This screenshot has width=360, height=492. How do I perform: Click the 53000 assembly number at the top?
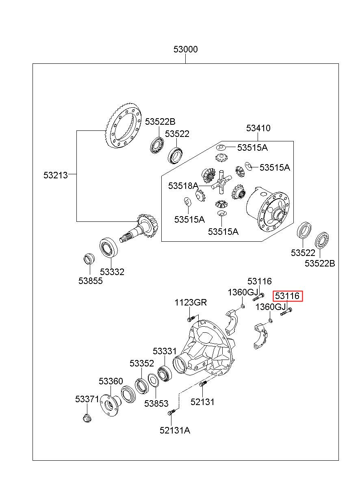click(185, 49)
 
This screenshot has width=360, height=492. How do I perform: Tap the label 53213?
click(56, 175)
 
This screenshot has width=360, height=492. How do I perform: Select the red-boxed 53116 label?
click(288, 296)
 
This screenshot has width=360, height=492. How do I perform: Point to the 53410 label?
click(258, 128)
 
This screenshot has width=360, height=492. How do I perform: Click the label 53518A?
click(183, 186)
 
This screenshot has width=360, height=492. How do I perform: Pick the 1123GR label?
click(191, 302)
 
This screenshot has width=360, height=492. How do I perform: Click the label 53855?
click(91, 281)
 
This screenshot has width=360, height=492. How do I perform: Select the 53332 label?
click(112, 272)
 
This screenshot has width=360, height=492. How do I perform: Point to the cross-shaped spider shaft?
click(221, 182)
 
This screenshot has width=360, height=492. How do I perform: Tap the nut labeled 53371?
click(87, 418)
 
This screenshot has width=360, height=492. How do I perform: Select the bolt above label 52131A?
click(171, 412)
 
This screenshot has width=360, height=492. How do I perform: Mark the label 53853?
click(156, 403)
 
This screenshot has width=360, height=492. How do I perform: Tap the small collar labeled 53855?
click(89, 259)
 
